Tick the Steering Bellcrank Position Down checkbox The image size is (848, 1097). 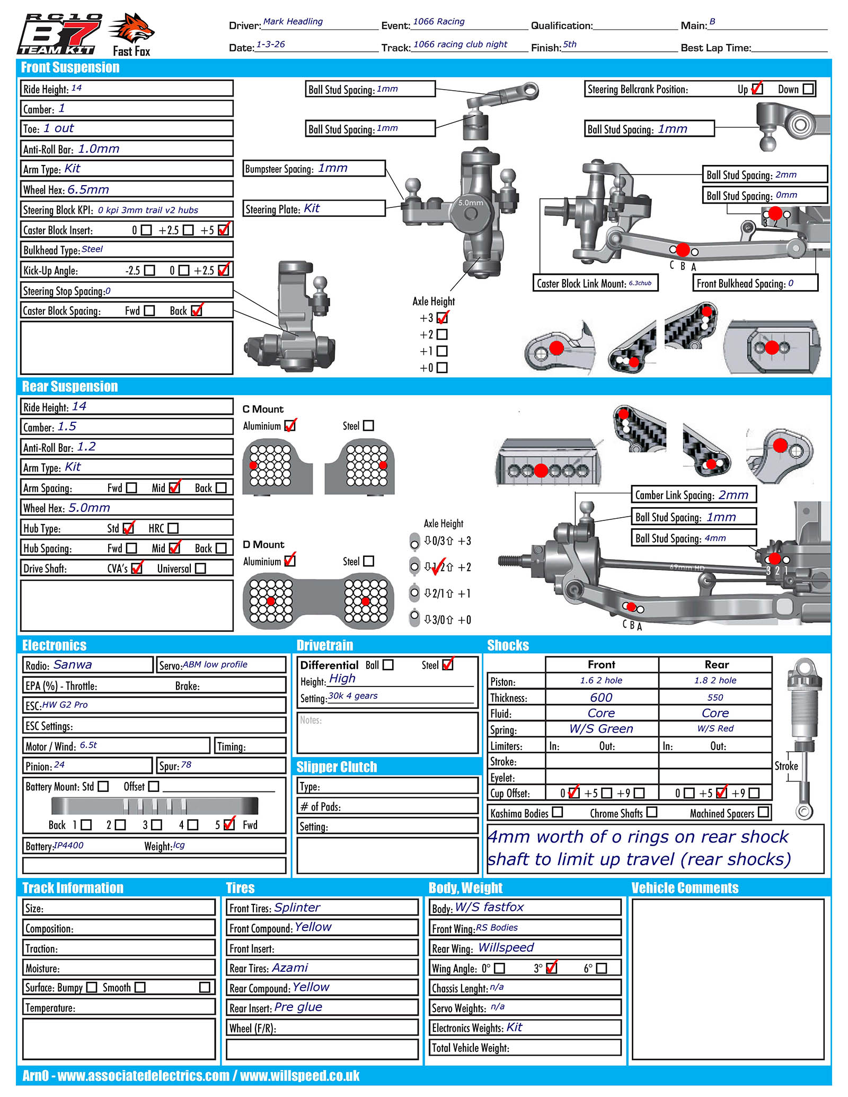pos(808,89)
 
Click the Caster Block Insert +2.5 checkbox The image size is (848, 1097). pos(188,230)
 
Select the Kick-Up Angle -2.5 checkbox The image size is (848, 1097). pos(150,271)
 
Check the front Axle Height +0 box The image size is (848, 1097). pos(442,368)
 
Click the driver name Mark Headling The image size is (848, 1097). pos(293,22)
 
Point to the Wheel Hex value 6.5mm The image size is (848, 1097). pos(88,189)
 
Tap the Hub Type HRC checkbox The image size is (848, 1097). pos(173,528)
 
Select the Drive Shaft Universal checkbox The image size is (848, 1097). pos(200,569)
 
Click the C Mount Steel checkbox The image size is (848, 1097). pos(368,426)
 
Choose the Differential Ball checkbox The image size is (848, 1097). pos(388,665)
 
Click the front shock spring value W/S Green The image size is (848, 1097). pos(601,729)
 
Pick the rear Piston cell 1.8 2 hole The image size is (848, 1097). pos(715,681)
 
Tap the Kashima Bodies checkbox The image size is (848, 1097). pos(557,812)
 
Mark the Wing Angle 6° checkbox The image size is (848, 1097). pos(601,968)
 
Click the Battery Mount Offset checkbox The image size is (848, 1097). pos(154,786)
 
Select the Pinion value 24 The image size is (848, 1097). pos(59,765)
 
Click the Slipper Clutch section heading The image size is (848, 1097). pos(337,767)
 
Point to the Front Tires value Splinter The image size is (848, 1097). pos(297,908)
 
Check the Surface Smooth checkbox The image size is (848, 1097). pos(140,987)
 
